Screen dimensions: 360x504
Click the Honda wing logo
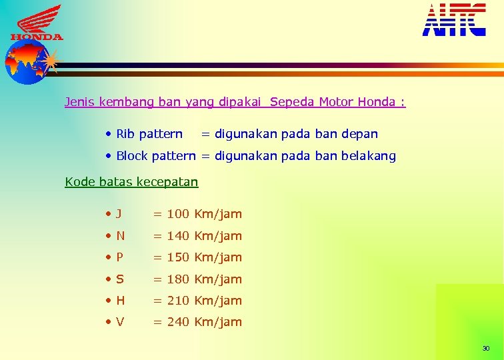[x=37, y=23]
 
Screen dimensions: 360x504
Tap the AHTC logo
[x=454, y=19]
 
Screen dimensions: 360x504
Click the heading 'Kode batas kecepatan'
[x=131, y=181]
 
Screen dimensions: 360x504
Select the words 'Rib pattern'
[x=149, y=134]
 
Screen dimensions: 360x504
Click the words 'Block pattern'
[x=156, y=156]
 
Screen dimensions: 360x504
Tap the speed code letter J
[x=118, y=214]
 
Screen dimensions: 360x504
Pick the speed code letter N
[x=120, y=236]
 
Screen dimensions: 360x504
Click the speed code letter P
[x=119, y=257]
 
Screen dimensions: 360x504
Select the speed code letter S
[x=119, y=279]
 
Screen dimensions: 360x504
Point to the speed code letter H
[x=120, y=301]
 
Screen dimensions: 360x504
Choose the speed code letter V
[x=120, y=322]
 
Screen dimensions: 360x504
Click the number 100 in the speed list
[x=178, y=214]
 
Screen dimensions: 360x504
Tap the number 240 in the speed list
[x=178, y=322]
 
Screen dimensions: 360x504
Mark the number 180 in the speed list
[x=178, y=279]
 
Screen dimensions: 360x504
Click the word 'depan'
[x=359, y=134]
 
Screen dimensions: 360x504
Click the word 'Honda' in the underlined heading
[x=376, y=102]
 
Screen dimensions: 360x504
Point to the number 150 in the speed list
[x=178, y=257]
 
